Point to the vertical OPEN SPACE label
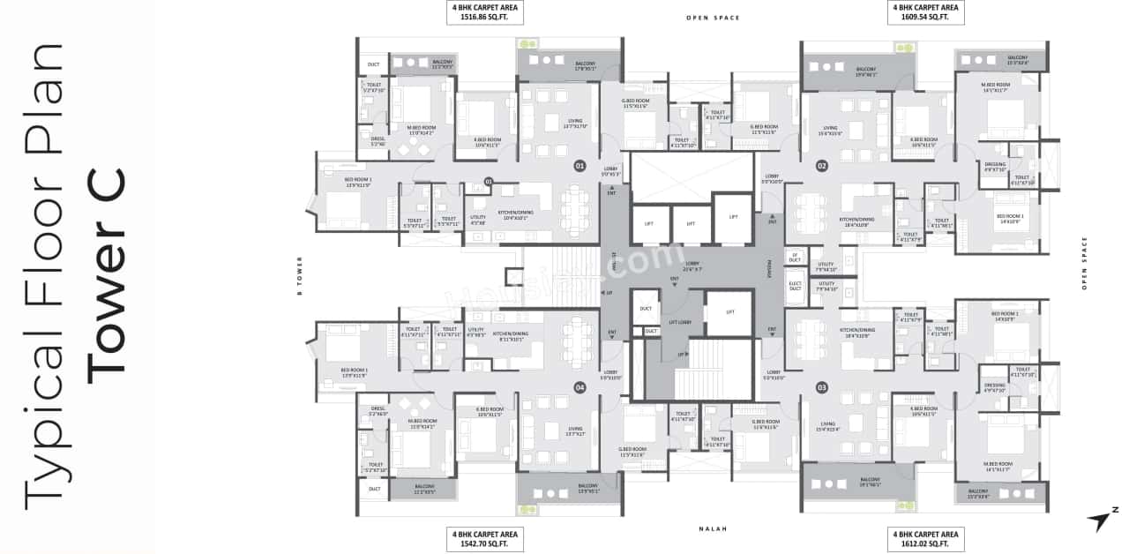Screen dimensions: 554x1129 coord(1084,263)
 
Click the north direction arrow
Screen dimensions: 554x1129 coord(1102,520)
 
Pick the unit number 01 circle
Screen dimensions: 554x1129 coord(579,165)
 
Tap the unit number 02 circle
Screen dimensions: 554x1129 coord(821,165)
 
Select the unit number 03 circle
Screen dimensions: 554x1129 coord(821,386)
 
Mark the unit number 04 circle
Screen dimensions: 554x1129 coord(579,386)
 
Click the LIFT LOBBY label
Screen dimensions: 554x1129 coord(680,323)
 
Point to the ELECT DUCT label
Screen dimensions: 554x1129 coord(795,287)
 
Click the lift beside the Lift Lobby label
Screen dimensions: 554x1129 coord(729,313)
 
